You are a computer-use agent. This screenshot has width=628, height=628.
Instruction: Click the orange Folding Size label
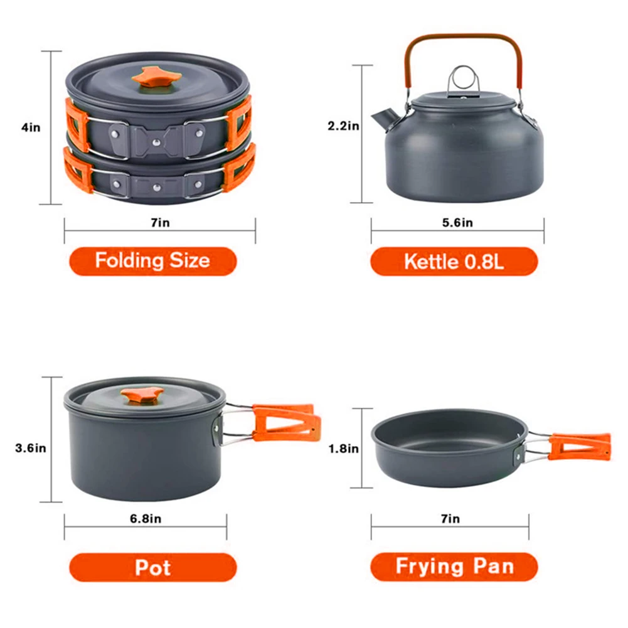[x=152, y=260]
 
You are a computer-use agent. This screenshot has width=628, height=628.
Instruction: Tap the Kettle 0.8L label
[x=454, y=261]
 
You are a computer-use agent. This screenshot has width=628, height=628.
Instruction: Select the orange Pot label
[x=152, y=567]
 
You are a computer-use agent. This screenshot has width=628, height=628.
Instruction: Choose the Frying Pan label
[x=454, y=567]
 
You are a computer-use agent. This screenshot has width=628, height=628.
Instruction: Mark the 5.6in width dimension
[x=457, y=223]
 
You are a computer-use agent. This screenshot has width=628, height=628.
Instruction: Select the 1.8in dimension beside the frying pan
[x=344, y=449]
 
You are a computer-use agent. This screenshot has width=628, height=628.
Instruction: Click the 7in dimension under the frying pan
[x=450, y=519]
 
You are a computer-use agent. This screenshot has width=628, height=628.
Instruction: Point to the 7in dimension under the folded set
[x=160, y=223]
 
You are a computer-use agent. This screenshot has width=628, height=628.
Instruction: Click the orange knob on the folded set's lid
[x=156, y=77]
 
